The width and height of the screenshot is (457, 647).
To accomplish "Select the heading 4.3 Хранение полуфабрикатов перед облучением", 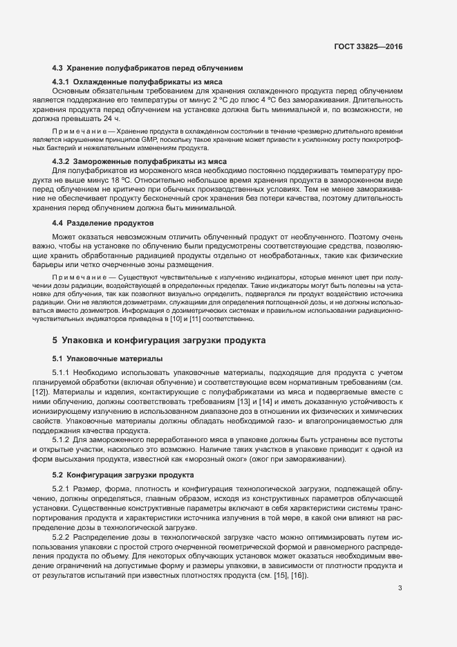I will tap(147, 68).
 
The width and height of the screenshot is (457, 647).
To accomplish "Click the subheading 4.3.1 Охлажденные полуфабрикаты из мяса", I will tap(147, 82).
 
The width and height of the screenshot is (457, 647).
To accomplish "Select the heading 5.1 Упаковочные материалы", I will tap(107, 359).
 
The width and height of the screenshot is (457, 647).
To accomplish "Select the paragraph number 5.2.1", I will tap(62, 489).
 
